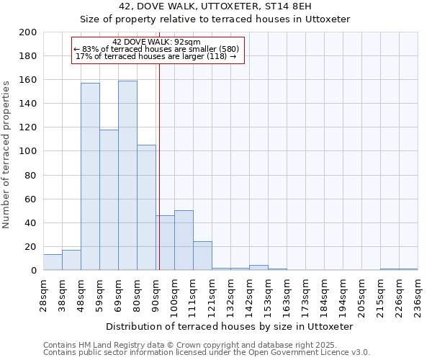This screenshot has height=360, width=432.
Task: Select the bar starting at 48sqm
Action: click(x=90, y=176)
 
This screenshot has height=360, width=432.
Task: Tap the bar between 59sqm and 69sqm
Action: click(x=109, y=199)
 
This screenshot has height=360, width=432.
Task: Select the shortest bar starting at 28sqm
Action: click(x=53, y=262)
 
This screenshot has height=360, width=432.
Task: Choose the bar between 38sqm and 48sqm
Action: click(x=71, y=260)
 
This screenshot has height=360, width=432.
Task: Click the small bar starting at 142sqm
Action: click(x=258, y=268)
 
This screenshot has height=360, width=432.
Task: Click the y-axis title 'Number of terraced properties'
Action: click(x=6, y=154)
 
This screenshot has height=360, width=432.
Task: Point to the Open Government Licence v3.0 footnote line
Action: click(x=207, y=353)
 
